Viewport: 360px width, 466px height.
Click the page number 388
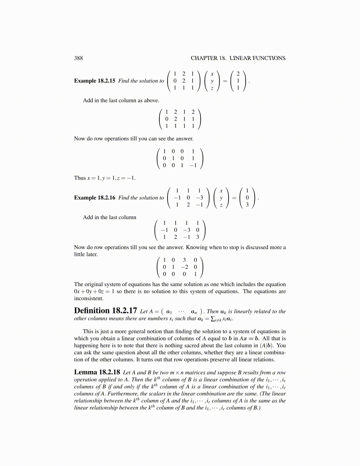point(78,58)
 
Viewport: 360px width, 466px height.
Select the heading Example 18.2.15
point(94,81)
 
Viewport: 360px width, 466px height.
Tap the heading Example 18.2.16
point(94,198)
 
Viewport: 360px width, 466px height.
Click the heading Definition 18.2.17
point(105,311)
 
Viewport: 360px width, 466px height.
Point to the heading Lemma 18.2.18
point(97,372)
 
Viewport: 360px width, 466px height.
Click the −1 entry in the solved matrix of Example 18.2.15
point(193,165)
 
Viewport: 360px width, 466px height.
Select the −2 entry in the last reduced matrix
point(184,267)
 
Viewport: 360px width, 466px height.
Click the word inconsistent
point(89,299)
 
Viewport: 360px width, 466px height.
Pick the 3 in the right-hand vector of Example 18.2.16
point(247,205)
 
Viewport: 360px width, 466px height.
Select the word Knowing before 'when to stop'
point(196,247)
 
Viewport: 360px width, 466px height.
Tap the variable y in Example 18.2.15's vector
point(212,81)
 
